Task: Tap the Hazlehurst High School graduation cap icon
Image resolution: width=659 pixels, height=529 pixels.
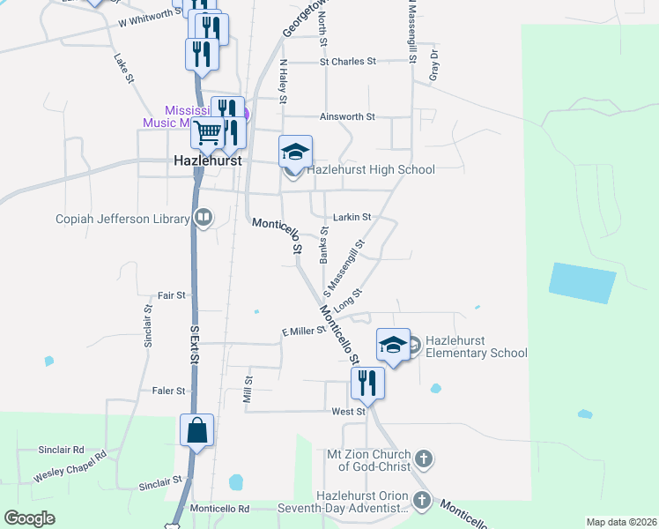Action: [295, 152]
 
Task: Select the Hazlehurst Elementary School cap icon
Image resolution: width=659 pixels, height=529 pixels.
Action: [393, 344]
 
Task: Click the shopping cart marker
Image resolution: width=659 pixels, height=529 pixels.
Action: [208, 133]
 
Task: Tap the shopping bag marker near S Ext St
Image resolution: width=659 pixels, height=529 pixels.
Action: [197, 430]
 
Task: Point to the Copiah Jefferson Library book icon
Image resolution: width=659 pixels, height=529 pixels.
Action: [204, 218]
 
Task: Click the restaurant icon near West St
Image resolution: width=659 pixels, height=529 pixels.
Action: [367, 384]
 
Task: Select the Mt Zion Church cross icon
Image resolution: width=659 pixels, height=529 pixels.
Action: [424, 458]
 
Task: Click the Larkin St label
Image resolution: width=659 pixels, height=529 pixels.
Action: [352, 216]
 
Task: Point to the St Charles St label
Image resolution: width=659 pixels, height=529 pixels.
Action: [347, 62]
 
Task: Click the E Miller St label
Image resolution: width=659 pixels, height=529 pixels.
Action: [303, 330]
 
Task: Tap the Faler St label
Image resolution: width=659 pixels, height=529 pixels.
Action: [168, 391]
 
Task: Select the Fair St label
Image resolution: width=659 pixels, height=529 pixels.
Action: [171, 295]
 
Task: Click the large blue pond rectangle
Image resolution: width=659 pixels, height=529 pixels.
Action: [581, 283]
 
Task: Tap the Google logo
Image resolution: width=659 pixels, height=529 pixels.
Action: [30, 518]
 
